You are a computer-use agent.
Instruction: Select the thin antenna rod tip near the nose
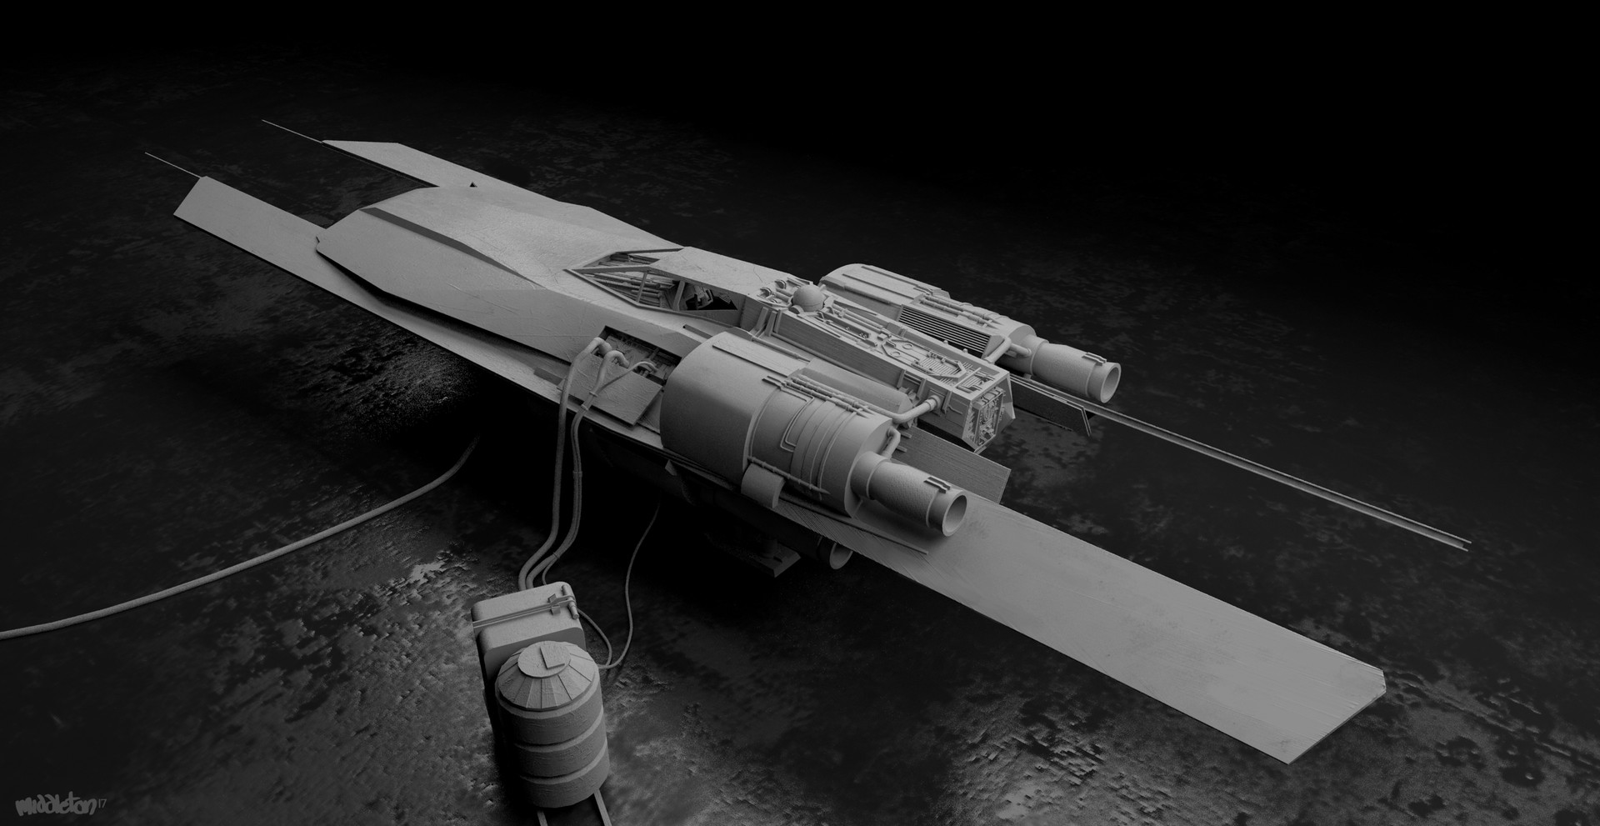[150, 155]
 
